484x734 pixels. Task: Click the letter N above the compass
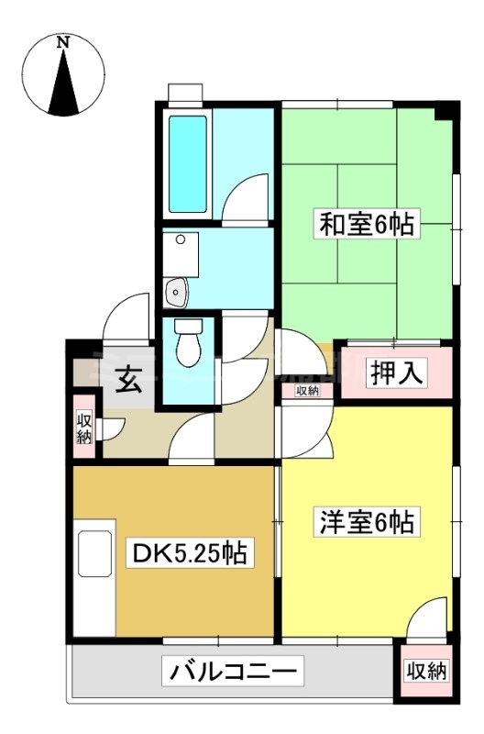(62, 42)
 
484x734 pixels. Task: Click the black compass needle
(63, 87)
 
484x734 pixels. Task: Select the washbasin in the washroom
(175, 293)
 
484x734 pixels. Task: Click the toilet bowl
(188, 346)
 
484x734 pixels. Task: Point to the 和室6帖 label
(367, 223)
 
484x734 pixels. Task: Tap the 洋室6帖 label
(368, 522)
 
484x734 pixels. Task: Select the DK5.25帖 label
(189, 553)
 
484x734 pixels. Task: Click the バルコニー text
(233, 673)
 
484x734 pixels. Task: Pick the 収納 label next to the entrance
(84, 427)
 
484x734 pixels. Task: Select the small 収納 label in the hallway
(307, 391)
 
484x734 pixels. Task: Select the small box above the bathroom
(185, 94)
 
